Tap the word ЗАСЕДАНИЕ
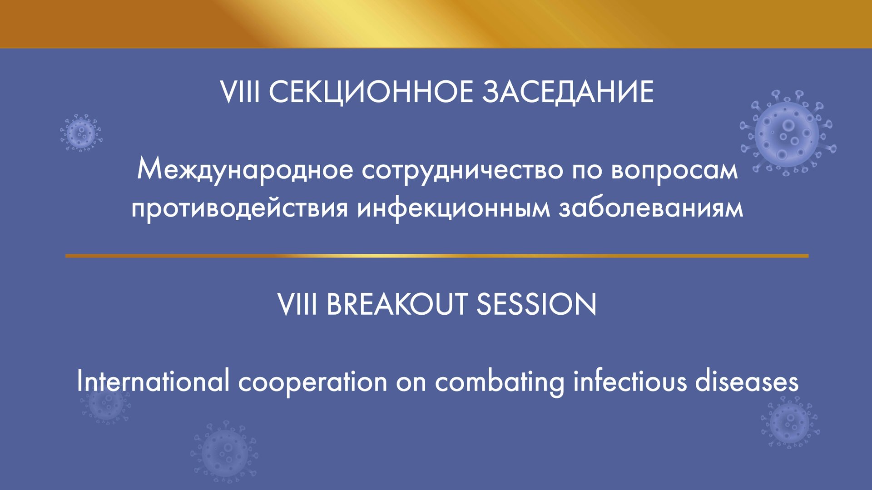[x=567, y=92]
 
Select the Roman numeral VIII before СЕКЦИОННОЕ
[x=240, y=92]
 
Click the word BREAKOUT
[x=397, y=304]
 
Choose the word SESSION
[x=536, y=304]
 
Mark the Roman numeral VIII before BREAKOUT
[x=297, y=304]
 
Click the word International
[x=153, y=381]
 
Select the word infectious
[x=629, y=381]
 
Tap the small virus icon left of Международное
[x=81, y=133]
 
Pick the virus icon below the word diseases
[x=790, y=422]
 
